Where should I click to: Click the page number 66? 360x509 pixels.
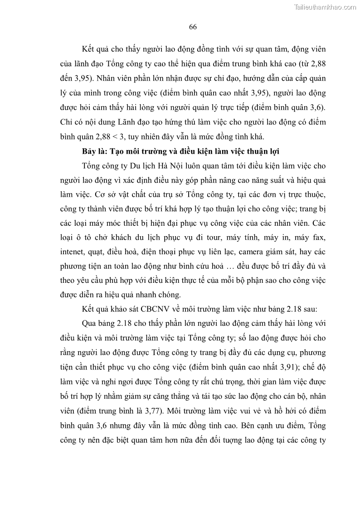click(x=192, y=27)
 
